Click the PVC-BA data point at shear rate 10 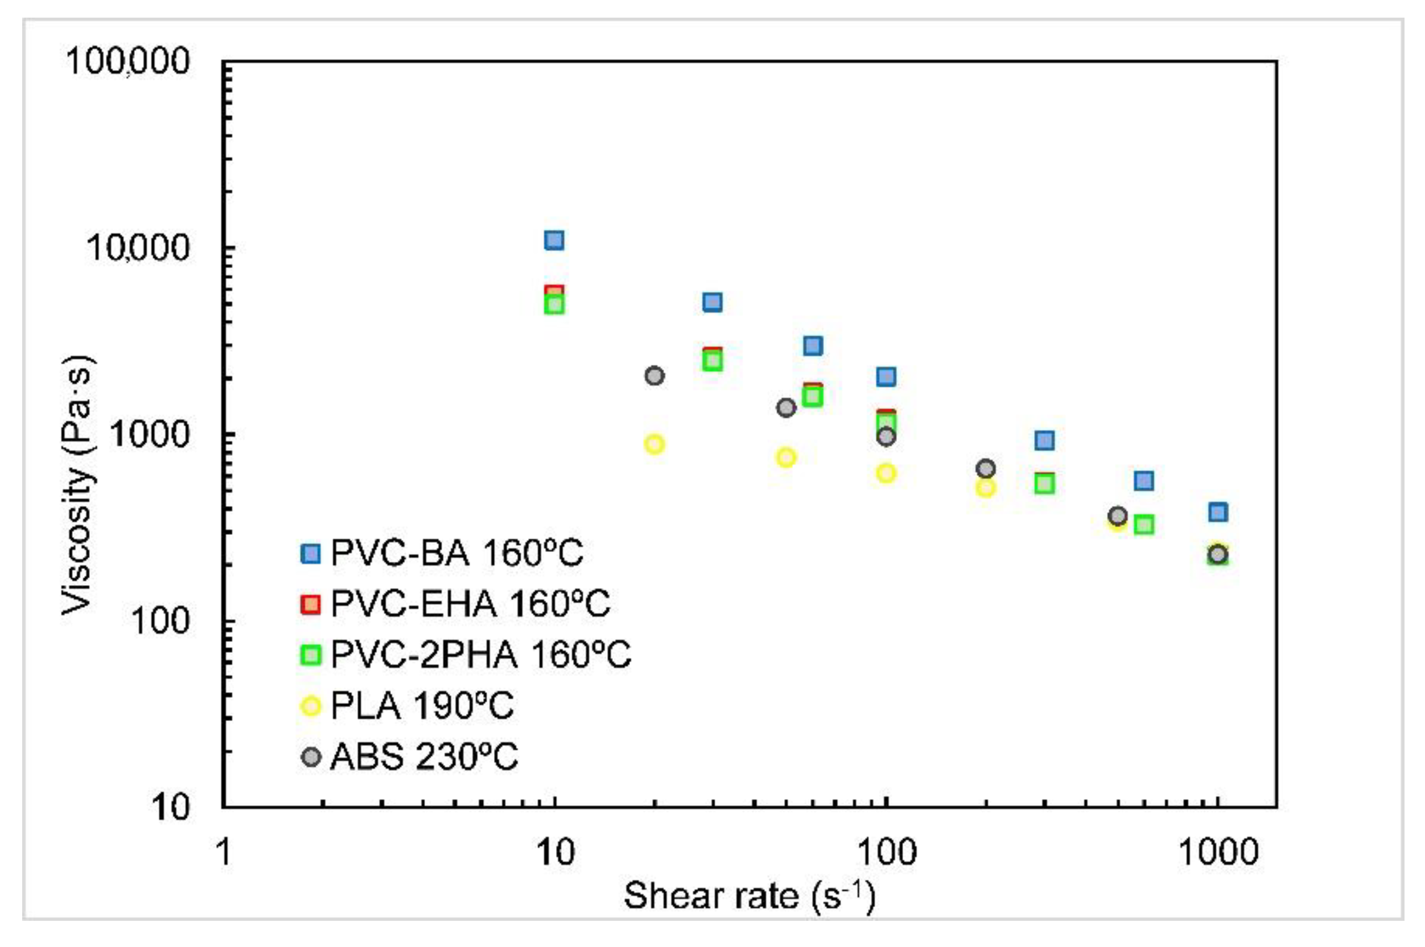[x=554, y=240]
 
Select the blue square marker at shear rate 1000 [x=1218, y=512]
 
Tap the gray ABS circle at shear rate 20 [x=654, y=376]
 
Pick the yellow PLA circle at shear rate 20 [x=654, y=444]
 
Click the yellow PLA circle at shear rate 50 [x=785, y=457]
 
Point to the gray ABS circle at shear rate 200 [x=986, y=468]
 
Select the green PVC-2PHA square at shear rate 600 [x=1144, y=525]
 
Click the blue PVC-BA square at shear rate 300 [x=1045, y=440]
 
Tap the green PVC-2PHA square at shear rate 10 [x=554, y=306]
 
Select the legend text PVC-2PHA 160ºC [x=481, y=654]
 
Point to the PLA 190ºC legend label [x=422, y=705]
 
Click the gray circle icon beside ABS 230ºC [x=310, y=756]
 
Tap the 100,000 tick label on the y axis [x=127, y=61]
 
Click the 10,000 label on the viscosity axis [x=138, y=248]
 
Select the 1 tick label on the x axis [x=224, y=853]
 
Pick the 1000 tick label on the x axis [x=1218, y=853]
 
